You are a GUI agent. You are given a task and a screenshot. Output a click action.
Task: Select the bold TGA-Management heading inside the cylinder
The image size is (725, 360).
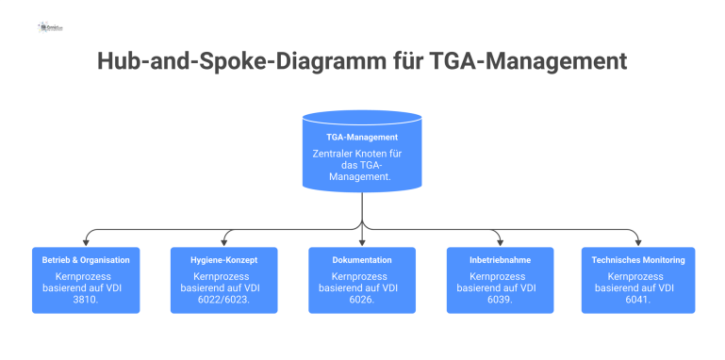point(361,137)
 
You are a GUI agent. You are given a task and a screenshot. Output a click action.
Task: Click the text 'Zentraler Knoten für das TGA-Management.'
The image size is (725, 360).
point(361,164)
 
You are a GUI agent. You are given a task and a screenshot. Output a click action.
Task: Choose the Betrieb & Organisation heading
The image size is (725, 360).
point(86,259)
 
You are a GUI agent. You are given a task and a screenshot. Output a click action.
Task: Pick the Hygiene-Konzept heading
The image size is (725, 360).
point(223,259)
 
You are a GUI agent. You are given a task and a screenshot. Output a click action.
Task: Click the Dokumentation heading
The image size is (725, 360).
point(361,259)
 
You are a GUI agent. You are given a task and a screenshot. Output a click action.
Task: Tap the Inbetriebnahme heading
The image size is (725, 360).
point(499,259)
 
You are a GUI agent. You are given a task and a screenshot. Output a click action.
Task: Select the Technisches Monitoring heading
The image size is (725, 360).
point(637,259)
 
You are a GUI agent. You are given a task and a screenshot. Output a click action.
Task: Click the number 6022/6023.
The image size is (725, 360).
point(223,300)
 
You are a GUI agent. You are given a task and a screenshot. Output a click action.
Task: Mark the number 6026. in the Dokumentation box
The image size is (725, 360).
point(361,300)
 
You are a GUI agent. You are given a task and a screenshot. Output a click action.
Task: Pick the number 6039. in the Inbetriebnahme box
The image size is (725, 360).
point(499,300)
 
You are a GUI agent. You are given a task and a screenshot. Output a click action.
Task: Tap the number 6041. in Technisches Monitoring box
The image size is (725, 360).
point(636,300)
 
